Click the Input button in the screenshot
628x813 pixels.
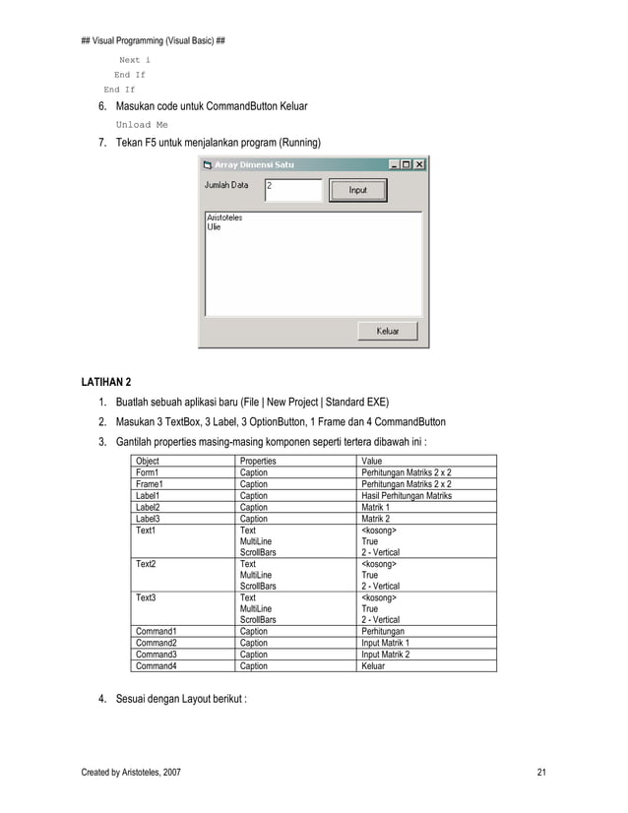[357, 190]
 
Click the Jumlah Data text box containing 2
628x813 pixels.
[293, 189]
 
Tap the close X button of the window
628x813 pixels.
[419, 164]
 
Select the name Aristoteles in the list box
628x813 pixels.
[224, 218]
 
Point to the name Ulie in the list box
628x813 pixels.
[214, 226]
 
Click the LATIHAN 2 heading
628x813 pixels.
[104, 381]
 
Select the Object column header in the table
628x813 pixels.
[147, 461]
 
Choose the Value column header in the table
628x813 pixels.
[372, 461]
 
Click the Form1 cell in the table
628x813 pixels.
[147, 472]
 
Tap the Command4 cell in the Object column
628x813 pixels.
[156, 665]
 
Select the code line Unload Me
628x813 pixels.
[142, 125]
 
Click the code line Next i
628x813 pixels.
[135, 59]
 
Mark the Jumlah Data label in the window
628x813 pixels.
[226, 184]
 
